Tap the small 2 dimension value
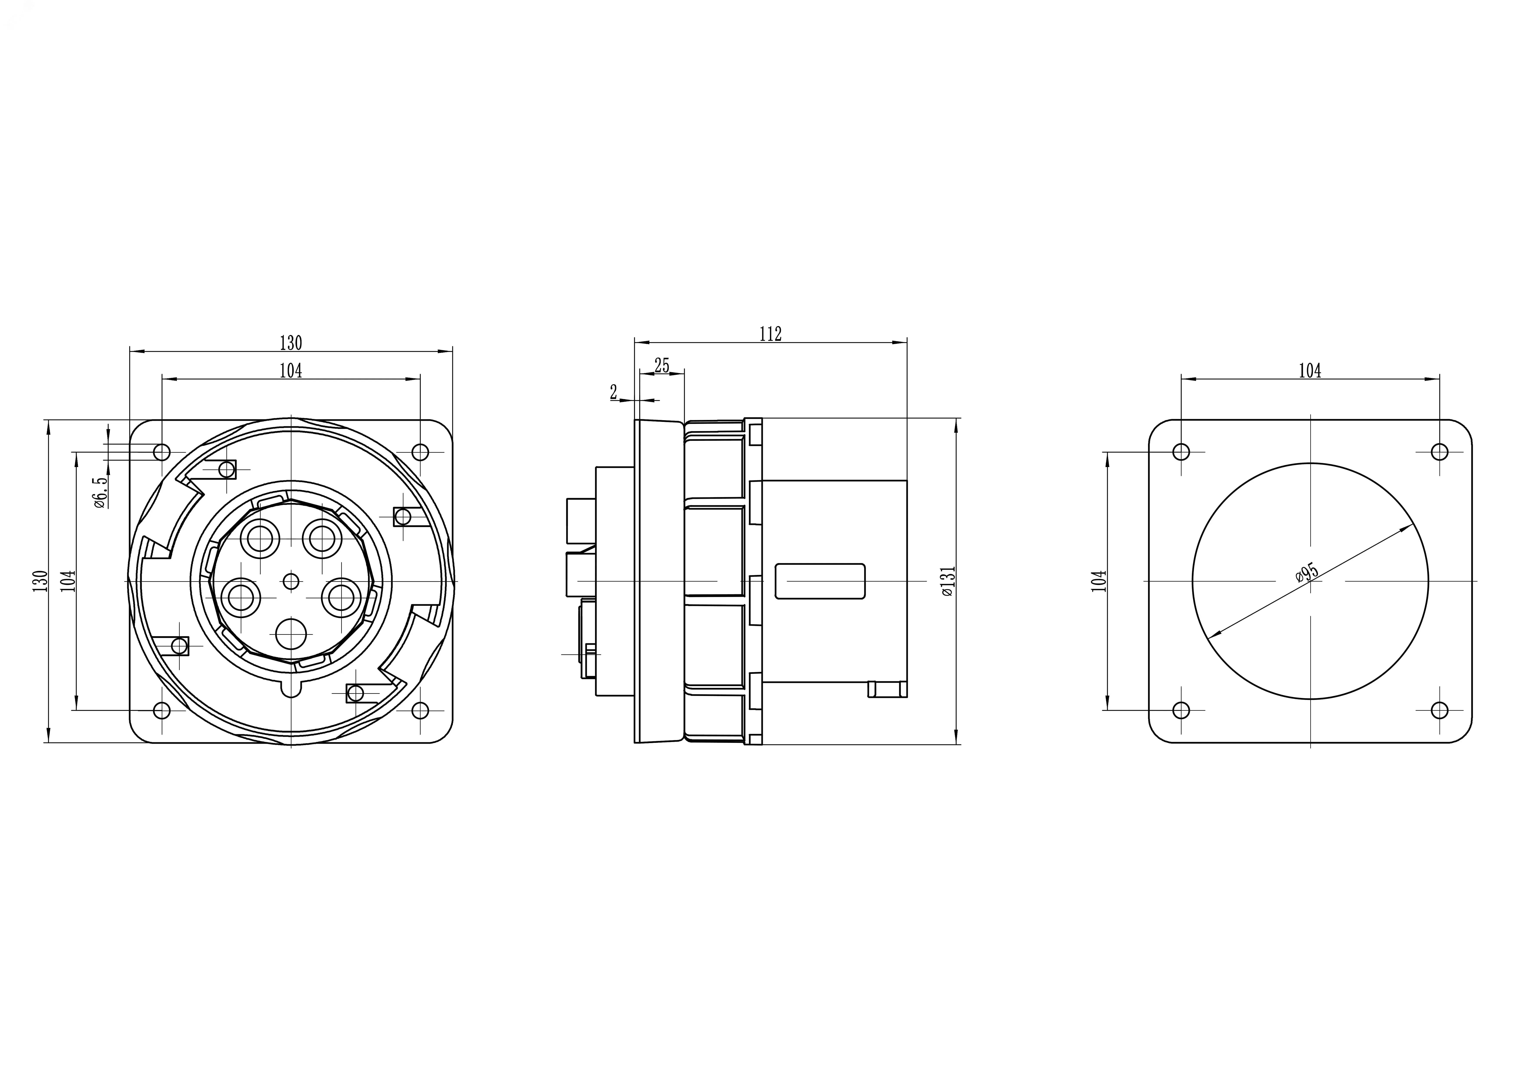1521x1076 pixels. [x=613, y=392]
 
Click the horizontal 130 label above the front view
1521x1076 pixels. [x=291, y=343]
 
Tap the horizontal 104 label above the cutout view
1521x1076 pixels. [x=1310, y=371]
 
